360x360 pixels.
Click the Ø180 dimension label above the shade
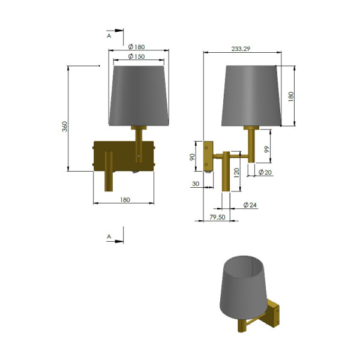click(x=136, y=47)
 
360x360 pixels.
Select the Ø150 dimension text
click(x=136, y=56)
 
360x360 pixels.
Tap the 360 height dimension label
click(x=65, y=127)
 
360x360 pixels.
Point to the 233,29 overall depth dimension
click(x=241, y=49)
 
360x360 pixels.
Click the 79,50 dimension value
click(x=217, y=217)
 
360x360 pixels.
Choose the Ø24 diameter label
click(x=250, y=205)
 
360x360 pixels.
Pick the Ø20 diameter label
click(x=265, y=172)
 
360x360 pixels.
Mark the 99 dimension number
click(x=267, y=149)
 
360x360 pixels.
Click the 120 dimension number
click(x=237, y=173)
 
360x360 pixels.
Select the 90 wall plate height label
click(x=193, y=157)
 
